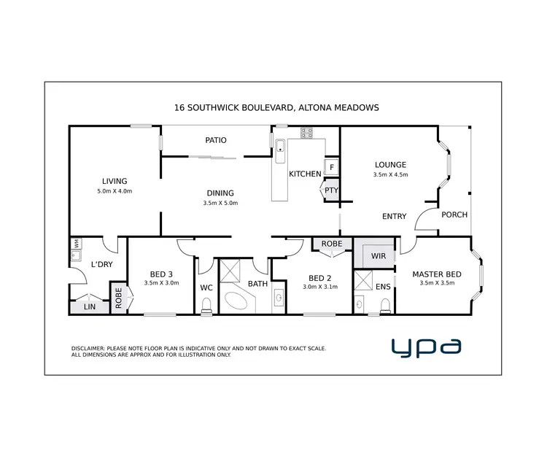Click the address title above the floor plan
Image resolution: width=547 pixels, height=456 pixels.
(x=276, y=107)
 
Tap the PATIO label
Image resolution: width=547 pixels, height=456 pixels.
(x=215, y=140)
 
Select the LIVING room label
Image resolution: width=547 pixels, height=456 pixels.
(x=115, y=181)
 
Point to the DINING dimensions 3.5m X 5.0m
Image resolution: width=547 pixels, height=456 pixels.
(x=221, y=203)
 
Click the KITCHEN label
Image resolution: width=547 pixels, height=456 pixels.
(x=304, y=174)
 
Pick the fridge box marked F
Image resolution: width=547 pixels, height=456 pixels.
(x=332, y=167)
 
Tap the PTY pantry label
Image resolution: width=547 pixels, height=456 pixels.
(x=331, y=191)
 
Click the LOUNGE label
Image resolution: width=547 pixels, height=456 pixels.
(x=390, y=165)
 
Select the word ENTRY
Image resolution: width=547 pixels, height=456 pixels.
(x=395, y=217)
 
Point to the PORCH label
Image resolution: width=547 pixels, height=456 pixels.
(x=454, y=215)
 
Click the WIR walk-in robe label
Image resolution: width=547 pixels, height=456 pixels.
(x=379, y=256)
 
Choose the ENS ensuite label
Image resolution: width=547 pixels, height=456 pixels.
(x=382, y=287)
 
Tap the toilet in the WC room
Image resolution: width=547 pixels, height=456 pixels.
(x=206, y=304)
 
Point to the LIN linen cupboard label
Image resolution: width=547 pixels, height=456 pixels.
(x=90, y=307)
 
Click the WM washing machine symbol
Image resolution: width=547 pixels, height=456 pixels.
(x=75, y=243)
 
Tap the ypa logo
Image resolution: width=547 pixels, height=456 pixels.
(x=426, y=347)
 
